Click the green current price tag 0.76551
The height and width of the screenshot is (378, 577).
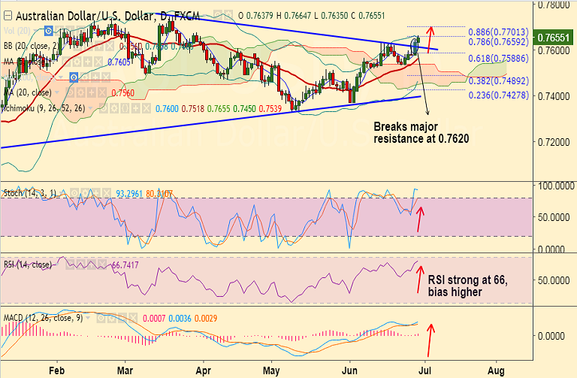pos(557,37)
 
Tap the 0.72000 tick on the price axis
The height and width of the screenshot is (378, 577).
pos(555,141)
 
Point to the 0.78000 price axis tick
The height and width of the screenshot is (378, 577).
pos(555,5)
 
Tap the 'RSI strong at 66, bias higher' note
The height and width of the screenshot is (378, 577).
pos(467,286)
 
